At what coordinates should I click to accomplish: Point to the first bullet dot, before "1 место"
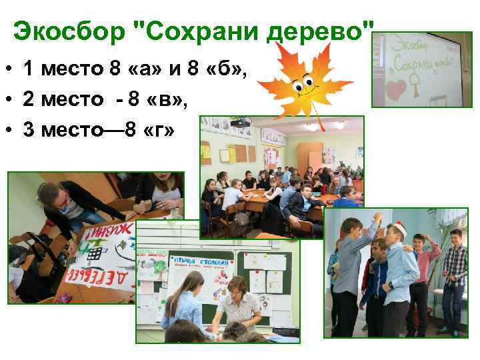click(11, 68)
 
